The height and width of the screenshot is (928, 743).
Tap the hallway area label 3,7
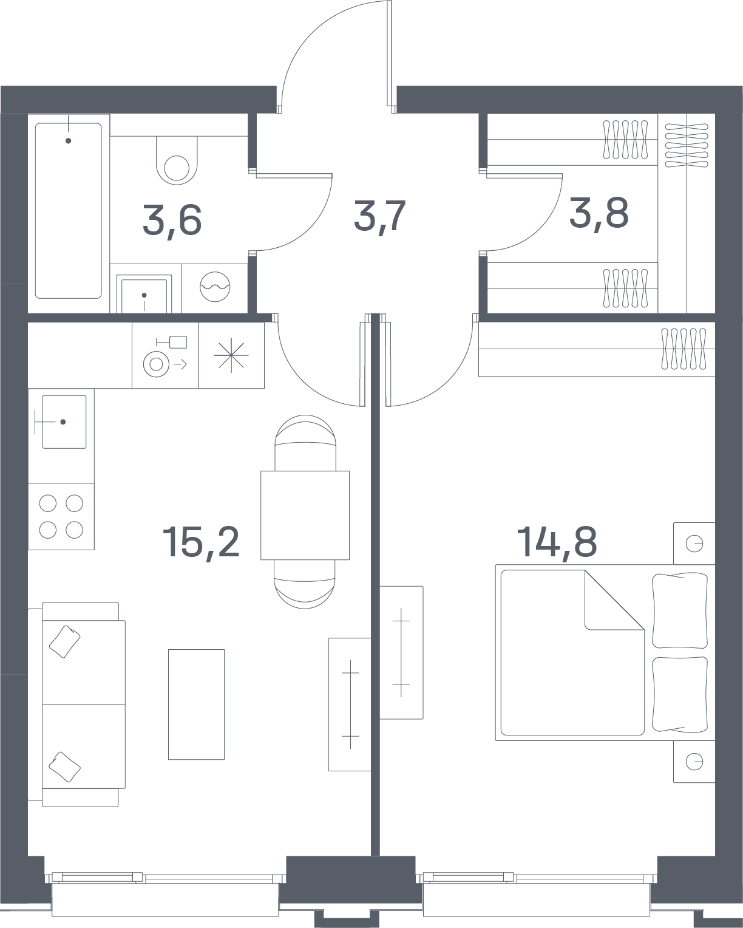tap(379, 217)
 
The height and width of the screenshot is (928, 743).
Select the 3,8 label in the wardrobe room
tap(599, 213)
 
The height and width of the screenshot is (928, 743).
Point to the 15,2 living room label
tap(201, 543)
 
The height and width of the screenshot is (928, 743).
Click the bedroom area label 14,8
tap(557, 542)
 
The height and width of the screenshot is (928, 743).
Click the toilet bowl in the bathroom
tap(177, 160)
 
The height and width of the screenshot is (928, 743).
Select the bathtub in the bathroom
tap(69, 211)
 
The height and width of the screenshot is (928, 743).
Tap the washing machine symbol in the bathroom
tap(215, 287)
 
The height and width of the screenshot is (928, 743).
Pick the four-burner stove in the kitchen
tap(61, 516)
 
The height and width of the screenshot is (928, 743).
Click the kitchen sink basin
tap(64, 421)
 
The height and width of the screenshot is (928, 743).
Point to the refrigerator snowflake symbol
tap(231, 355)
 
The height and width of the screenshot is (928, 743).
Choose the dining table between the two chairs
tap(305, 515)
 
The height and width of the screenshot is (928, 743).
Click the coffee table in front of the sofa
tap(196, 704)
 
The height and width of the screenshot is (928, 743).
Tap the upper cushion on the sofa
tap(64, 642)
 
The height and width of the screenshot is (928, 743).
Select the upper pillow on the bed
tap(680, 610)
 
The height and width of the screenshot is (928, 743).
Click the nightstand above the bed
tap(694, 544)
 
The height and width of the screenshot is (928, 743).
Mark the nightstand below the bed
tap(694, 762)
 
